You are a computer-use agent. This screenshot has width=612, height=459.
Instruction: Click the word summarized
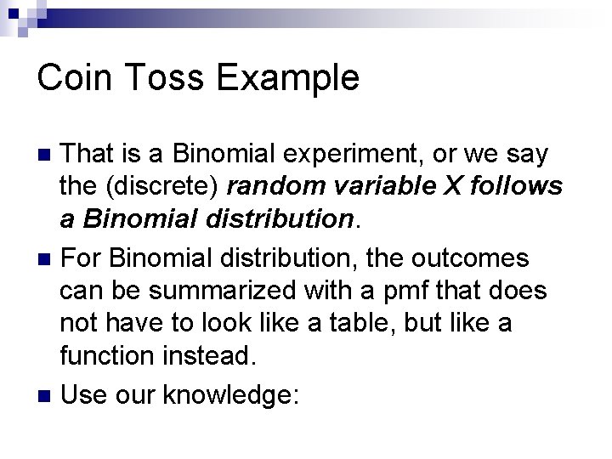[225, 291]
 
